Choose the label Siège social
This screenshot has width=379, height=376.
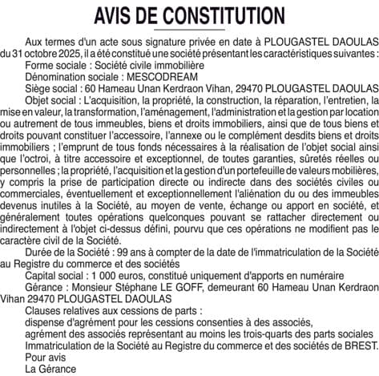pyautogui.click(x=51, y=93)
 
